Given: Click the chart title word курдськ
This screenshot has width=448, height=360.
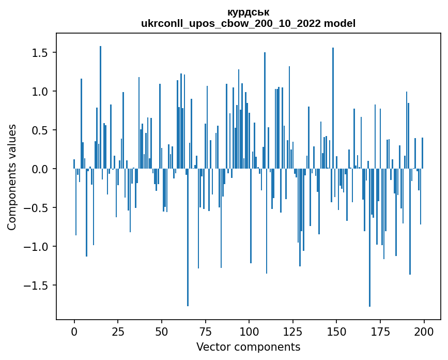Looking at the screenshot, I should click(248, 12).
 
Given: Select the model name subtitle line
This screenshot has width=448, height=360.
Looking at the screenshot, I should click(248, 23).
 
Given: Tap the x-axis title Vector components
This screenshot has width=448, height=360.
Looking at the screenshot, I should click(248, 347).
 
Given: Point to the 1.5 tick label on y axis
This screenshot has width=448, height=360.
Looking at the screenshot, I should click(40, 53).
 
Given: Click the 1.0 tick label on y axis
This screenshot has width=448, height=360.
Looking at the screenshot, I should click(40, 92).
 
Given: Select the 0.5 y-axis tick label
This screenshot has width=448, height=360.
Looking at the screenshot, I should click(40, 130).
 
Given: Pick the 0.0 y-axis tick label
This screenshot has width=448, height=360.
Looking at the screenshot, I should click(40, 169).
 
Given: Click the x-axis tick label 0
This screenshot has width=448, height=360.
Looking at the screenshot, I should click(74, 331).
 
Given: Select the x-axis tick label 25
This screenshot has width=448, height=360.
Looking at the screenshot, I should click(118, 331).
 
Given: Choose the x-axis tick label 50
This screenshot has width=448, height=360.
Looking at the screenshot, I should click(161, 331).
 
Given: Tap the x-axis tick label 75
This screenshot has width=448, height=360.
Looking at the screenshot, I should click(205, 331).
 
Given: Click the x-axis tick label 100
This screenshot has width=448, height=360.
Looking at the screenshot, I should click(249, 331).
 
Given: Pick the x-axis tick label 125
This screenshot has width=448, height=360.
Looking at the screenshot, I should click(292, 331).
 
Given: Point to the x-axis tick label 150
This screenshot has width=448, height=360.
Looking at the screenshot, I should click(336, 331).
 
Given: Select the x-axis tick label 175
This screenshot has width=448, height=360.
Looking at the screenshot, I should click(380, 331).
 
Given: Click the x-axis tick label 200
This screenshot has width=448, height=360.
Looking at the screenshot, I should click(424, 331).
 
